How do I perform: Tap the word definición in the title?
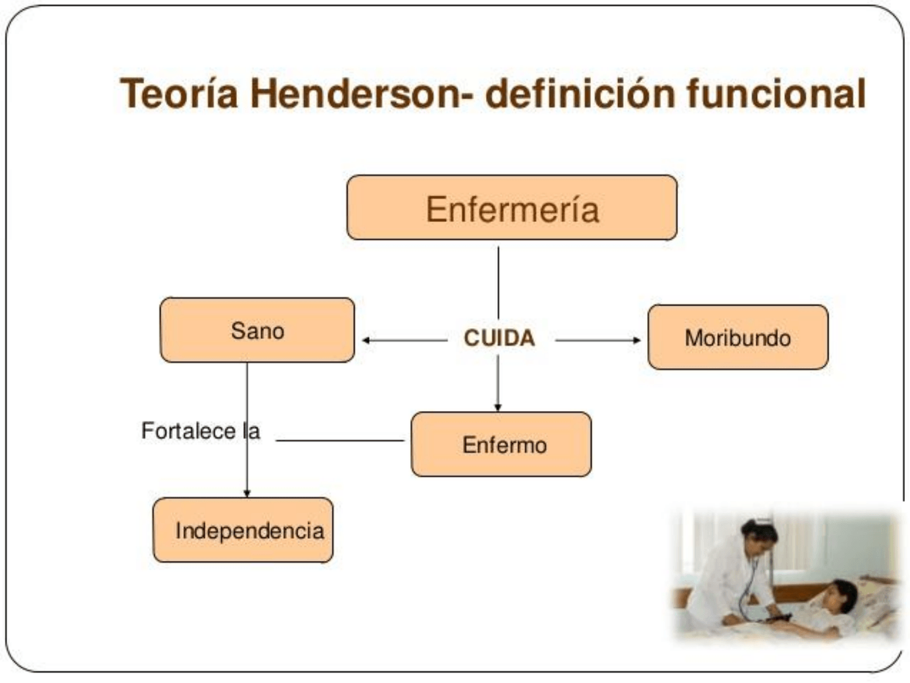point(580,94)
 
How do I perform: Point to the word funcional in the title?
point(775,94)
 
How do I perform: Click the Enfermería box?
point(512,207)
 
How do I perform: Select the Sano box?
point(257,330)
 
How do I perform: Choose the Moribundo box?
point(738,337)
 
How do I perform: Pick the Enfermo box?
point(501,444)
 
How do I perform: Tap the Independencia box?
point(243,530)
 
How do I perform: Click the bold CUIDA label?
point(499,338)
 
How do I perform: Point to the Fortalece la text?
point(201,431)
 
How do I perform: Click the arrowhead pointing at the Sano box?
point(366,340)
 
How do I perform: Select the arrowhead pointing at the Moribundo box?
point(637,340)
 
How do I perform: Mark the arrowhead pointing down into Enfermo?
point(498,407)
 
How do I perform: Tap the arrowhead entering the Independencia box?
point(247,493)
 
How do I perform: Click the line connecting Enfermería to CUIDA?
point(499,283)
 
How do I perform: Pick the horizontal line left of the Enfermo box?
point(340,440)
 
